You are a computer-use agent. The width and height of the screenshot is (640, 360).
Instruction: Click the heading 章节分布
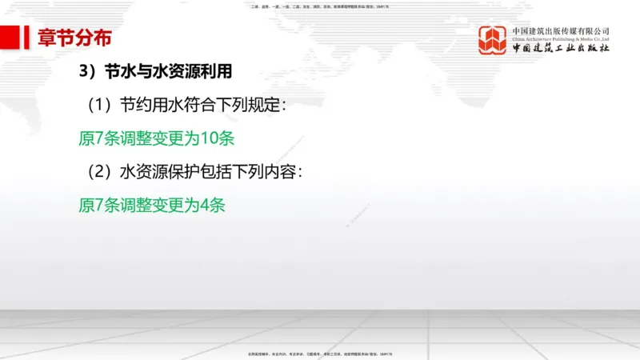pyautogui.click(x=74, y=38)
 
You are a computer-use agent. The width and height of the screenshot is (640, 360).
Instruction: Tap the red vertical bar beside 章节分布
pyautogui.click(x=29, y=38)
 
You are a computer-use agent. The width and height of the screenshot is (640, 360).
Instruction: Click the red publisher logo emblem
pyautogui.click(x=494, y=40)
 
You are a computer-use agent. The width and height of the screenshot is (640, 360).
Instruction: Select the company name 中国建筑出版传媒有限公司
pyautogui.click(x=561, y=30)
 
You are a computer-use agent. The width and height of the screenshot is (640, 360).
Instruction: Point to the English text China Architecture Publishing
pyautogui.click(x=561, y=39)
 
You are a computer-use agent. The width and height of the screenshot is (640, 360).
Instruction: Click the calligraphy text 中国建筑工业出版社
pyautogui.click(x=561, y=49)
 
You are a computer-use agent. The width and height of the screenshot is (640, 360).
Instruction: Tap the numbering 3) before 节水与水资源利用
pyautogui.click(x=87, y=72)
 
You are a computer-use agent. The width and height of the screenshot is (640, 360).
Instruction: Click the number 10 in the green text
pyautogui.click(x=210, y=138)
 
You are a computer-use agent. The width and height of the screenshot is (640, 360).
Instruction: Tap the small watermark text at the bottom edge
pyautogui.click(x=320, y=353)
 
